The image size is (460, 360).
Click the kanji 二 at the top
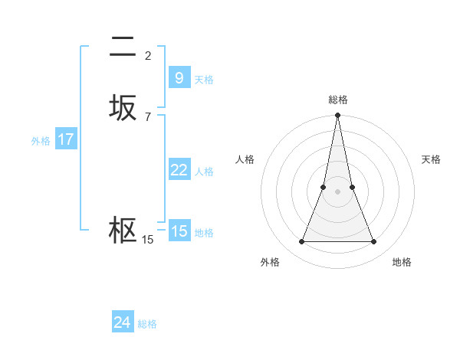[123, 47]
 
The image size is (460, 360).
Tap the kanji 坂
[123, 108]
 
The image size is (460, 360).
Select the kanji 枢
[123, 231]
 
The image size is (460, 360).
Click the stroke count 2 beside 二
[148, 55]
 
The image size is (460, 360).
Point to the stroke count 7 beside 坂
[148, 116]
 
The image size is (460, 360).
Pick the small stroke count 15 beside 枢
[147, 240]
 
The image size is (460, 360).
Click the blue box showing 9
[179, 77]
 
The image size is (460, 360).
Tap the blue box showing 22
[179, 170]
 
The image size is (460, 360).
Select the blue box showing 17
[66, 139]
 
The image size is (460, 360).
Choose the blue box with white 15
[179, 231]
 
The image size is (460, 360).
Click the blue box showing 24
[122, 322]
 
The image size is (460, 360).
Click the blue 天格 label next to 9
[204, 80]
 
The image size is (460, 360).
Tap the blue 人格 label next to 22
[204, 172]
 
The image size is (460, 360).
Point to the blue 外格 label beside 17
[41, 141]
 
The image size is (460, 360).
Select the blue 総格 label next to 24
[147, 324]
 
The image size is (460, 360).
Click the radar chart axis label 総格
[338, 100]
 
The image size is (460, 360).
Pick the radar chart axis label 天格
[432, 159]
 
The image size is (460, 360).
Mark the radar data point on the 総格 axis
[338, 116]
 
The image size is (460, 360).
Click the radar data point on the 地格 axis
[374, 242]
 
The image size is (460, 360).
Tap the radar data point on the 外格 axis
[301, 242]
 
